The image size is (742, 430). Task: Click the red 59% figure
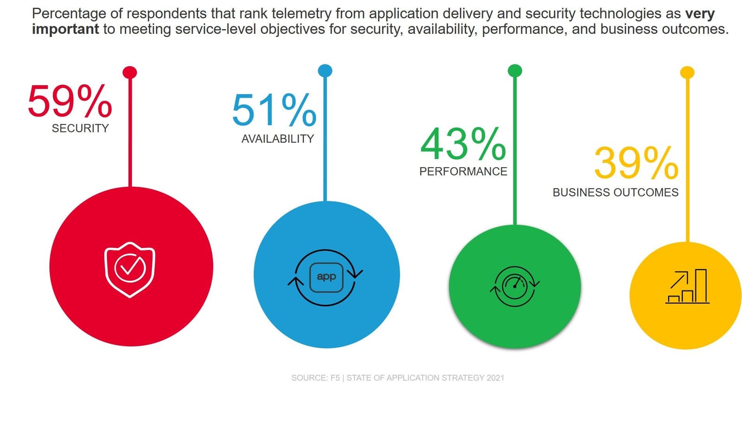tap(70, 101)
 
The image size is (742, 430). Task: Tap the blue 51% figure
tap(274, 110)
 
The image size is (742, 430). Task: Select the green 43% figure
tap(463, 144)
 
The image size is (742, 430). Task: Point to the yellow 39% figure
tap(636, 163)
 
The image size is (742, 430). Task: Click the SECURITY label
tap(80, 128)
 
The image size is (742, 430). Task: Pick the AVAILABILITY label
tap(277, 139)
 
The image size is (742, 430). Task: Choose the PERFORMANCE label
tap(463, 171)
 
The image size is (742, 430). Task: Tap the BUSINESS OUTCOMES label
tap(615, 192)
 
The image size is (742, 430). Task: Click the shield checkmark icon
tap(130, 269)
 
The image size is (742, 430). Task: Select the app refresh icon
tap(326, 277)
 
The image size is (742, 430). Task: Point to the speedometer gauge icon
tap(515, 286)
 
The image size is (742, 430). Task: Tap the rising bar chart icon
tap(687, 287)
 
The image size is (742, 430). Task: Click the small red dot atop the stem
tap(130, 72)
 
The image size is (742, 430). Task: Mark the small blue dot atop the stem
tap(325, 70)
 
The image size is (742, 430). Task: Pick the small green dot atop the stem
tap(515, 70)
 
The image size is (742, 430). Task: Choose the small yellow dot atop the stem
tap(687, 72)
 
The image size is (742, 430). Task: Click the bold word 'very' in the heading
tap(700, 14)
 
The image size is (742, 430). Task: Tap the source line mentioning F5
tap(397, 378)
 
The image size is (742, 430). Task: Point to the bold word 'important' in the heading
tap(65, 29)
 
